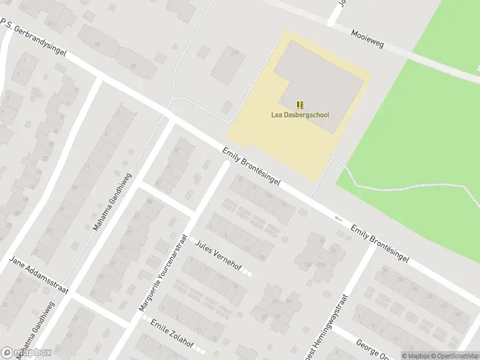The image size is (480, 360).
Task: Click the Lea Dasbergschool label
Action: click(300, 115)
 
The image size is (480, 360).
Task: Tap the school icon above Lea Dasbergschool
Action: click(300, 105)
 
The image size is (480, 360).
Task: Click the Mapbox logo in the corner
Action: click(26, 352)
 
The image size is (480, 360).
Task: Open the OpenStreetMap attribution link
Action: click(454, 355)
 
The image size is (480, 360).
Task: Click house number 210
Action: click(234, 53)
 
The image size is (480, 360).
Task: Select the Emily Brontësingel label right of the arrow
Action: click(380, 245)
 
